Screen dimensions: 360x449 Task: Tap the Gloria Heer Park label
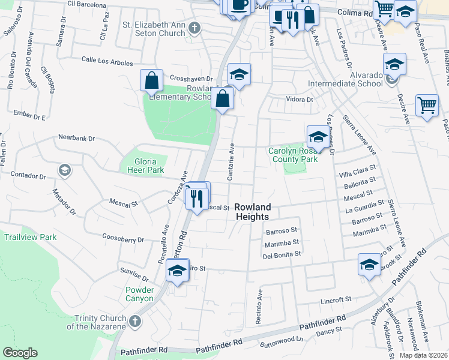coord(142,166)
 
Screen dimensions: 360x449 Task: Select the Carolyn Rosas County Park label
coord(292,155)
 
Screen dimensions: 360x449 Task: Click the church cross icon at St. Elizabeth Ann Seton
coord(194,28)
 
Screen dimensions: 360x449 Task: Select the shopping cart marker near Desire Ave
coord(426,106)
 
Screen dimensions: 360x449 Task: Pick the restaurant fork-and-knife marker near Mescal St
coord(197,199)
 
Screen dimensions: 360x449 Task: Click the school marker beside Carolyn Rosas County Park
coord(318,137)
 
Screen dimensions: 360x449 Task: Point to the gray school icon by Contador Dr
coord(64,171)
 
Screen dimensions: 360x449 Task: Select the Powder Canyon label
coord(139,294)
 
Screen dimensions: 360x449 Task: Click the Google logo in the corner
coord(20,352)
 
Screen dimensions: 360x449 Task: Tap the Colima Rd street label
coord(355,12)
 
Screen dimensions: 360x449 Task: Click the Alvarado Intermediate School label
coord(345,79)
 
